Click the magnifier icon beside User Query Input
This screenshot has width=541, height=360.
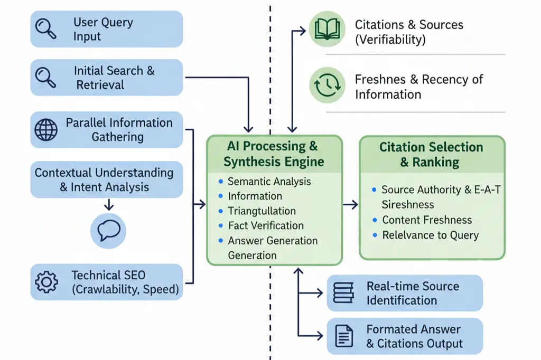tap(45, 29)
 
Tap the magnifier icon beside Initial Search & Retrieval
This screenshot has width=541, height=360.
tap(45, 77)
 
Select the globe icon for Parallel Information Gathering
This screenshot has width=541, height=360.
tap(46, 129)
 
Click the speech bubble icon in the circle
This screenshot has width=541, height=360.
tap(108, 230)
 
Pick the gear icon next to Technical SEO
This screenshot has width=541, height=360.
tap(46, 282)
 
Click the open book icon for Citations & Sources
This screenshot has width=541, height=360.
tap(327, 29)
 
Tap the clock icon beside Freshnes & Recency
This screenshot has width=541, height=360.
tap(327, 85)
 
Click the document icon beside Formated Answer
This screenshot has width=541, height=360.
tap(344, 336)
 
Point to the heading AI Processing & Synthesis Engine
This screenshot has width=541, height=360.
tap(274, 154)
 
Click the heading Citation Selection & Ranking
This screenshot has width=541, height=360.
tap(431, 154)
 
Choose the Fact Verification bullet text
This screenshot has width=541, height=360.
tap(266, 225)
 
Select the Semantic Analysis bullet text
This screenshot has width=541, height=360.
tap(269, 181)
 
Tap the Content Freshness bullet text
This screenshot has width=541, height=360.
tap(427, 220)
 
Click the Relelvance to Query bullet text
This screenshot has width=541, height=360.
tap(430, 235)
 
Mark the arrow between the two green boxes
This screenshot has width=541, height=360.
tap(350, 204)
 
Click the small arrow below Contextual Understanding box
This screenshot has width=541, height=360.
tap(108, 204)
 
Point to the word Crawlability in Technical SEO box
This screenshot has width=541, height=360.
tap(107, 289)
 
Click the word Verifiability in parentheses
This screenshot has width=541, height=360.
tap(390, 39)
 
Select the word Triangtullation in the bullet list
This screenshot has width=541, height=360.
tap(262, 211)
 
